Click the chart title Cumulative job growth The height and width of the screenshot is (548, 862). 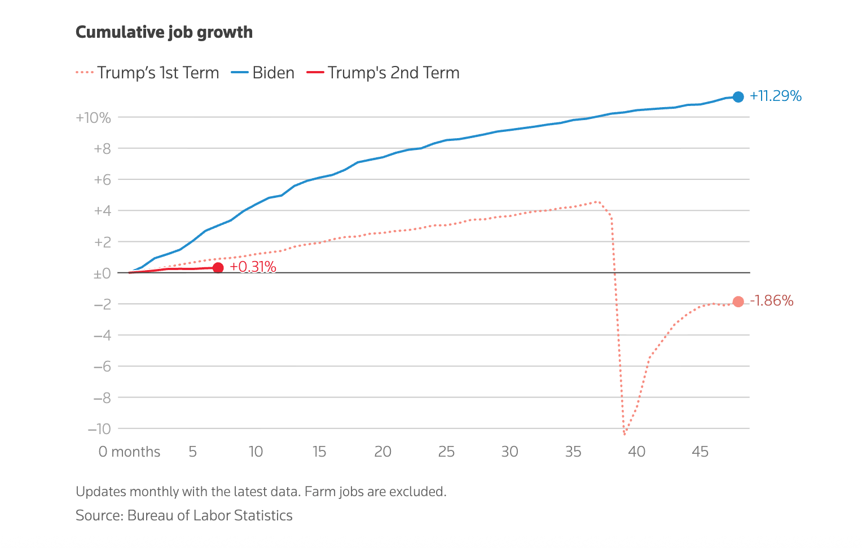pyautogui.click(x=164, y=33)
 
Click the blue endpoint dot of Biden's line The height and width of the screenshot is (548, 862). pyautogui.click(x=738, y=97)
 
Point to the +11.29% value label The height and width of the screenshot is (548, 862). pyautogui.click(x=775, y=96)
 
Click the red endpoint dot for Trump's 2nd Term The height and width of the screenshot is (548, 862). pyautogui.click(x=218, y=268)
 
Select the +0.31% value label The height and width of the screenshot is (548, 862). pyautogui.click(x=253, y=267)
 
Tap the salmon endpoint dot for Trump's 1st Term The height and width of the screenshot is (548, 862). pyautogui.click(x=738, y=302)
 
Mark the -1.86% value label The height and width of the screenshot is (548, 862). pyautogui.click(x=772, y=301)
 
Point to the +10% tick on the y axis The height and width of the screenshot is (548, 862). pyautogui.click(x=93, y=118)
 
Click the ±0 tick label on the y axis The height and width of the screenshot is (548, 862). pyautogui.click(x=102, y=273)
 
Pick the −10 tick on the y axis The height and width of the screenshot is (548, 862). pyautogui.click(x=99, y=429)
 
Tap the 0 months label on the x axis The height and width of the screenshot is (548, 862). pyautogui.click(x=129, y=452)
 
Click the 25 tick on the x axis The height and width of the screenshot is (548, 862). pyautogui.click(x=446, y=452)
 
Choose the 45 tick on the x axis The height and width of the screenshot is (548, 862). pyautogui.click(x=700, y=452)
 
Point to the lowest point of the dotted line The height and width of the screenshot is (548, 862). pyautogui.click(x=624, y=434)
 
